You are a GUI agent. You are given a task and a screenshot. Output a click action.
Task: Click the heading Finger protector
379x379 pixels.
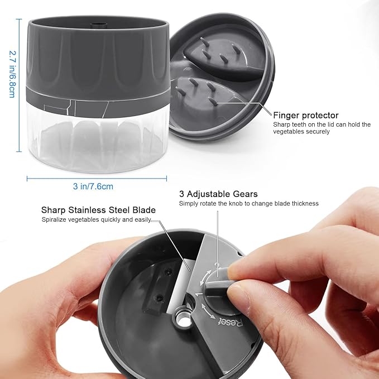(x=305, y=116)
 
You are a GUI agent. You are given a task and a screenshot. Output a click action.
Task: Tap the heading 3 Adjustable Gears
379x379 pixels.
(x=218, y=194)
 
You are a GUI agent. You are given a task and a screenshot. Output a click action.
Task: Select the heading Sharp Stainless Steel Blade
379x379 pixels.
(x=98, y=210)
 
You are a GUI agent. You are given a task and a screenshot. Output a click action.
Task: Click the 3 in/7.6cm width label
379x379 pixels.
(x=93, y=186)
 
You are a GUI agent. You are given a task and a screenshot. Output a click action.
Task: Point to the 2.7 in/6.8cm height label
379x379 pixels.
(x=12, y=74)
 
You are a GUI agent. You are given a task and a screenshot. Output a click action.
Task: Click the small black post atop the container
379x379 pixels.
(x=98, y=25)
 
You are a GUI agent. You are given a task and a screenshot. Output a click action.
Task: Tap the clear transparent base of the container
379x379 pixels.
(x=98, y=142)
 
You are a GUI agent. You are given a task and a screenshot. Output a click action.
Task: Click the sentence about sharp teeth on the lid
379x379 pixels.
(x=322, y=128)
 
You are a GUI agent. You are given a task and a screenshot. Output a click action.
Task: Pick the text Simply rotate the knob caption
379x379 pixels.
(x=249, y=204)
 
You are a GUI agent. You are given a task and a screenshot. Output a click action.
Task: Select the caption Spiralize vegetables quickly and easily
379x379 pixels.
(x=97, y=219)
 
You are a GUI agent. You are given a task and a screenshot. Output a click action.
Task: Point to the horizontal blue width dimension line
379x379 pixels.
(x=97, y=179)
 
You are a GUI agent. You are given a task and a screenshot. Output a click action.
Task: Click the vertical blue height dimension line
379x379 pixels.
(x=20, y=85)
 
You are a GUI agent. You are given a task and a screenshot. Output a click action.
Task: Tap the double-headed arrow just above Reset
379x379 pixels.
(x=208, y=311)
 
